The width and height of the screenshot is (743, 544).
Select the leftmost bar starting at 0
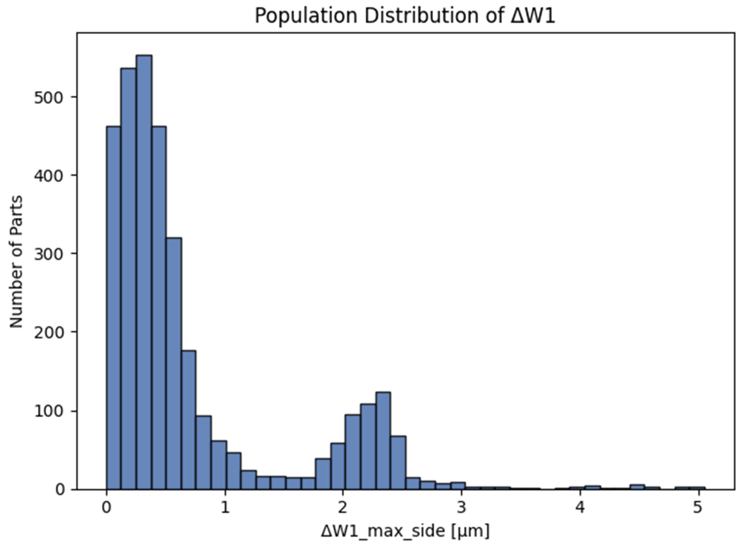(x=114, y=308)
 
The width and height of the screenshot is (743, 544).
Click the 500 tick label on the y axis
(x=48, y=98)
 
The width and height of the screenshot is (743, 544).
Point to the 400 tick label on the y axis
(x=48, y=176)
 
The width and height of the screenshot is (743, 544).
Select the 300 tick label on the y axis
(x=48, y=254)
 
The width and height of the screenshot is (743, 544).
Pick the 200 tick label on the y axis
(x=48, y=333)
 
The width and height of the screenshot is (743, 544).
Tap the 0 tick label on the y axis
(x=60, y=490)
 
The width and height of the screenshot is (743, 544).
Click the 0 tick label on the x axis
(x=106, y=508)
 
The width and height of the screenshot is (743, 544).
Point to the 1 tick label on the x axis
(x=225, y=508)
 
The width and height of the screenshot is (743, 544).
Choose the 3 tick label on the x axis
(x=462, y=508)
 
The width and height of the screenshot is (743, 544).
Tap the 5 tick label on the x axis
(x=698, y=508)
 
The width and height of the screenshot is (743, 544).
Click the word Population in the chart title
(x=306, y=16)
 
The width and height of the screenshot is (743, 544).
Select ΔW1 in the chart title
(x=533, y=16)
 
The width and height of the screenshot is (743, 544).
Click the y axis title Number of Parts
(x=16, y=262)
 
